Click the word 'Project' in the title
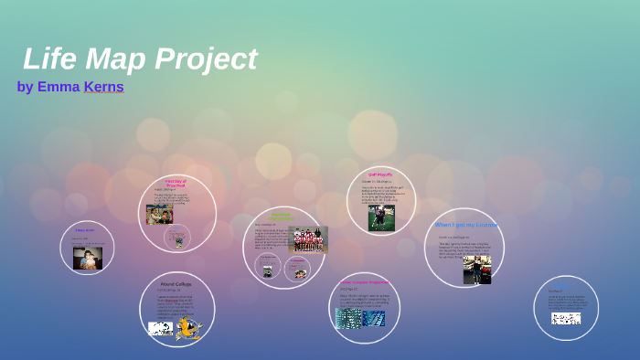coord(206,58)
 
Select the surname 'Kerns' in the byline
coord(103,87)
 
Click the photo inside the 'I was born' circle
coord(88,259)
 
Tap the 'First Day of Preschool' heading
coord(176,184)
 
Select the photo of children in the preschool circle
coord(158,214)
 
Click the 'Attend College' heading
coord(176,284)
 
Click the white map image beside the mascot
coord(160,328)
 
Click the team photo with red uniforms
coord(308,238)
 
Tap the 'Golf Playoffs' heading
coord(380,174)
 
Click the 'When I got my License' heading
coord(464,224)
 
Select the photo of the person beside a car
coord(476,269)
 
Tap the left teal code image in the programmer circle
coord(348,318)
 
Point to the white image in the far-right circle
coord(565,318)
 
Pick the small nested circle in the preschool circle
coord(177,238)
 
